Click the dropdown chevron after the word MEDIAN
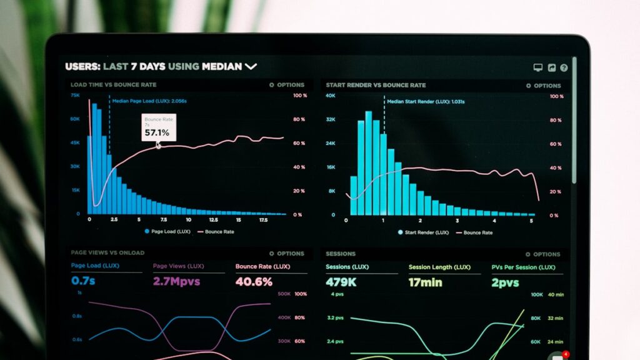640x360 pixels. coord(251,66)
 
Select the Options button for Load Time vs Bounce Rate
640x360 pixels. coord(287,85)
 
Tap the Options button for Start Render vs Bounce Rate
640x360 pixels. coord(543,86)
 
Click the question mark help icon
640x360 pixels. coord(564,67)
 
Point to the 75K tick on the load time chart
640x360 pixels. coord(75,96)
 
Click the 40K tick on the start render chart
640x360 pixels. coord(331,96)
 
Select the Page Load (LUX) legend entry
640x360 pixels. coord(167,231)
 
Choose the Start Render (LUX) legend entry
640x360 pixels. coord(424,232)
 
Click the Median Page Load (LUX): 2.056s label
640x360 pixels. coord(149,101)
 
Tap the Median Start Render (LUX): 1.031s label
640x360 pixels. coord(425,101)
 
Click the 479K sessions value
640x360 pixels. coord(341,282)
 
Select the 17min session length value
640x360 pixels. coord(425,282)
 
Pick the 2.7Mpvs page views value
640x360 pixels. coord(177,282)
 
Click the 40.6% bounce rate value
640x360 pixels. coord(254,282)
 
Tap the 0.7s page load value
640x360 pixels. coord(83,281)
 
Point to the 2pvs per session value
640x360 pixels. coord(505,282)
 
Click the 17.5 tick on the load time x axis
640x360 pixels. coord(263,220)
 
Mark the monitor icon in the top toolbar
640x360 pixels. coord(537,67)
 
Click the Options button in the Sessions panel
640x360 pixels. coord(543,254)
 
